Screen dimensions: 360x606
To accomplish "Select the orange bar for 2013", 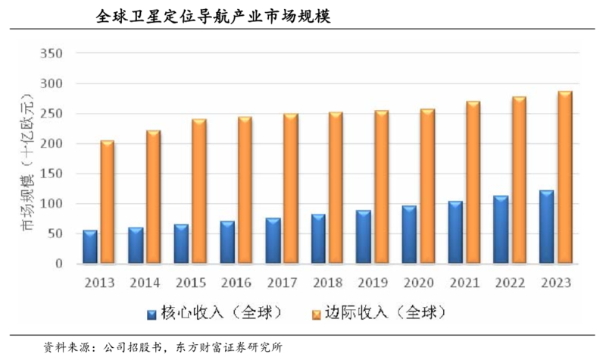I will point(107,202).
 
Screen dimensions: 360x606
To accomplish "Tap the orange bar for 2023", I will point(565,177).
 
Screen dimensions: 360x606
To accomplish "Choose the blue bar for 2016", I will point(226,243).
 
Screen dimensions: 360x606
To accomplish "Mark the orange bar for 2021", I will point(473,182).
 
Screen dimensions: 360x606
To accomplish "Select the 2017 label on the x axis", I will point(282,283).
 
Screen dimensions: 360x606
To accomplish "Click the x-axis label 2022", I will point(511,283).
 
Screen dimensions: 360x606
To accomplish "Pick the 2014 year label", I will point(145,283).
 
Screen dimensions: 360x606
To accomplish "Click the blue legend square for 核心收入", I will point(151,312).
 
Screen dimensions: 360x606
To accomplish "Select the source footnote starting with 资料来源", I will point(164,347).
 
